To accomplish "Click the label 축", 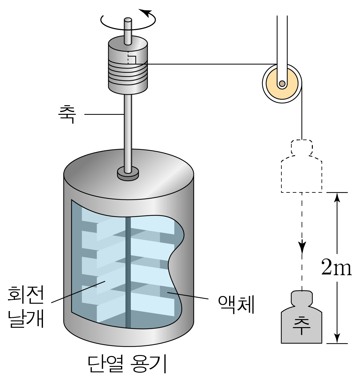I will coord(66,114).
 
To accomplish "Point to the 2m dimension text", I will coord(336,269).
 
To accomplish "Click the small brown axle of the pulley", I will coord(282,84).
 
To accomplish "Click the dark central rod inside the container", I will coord(128,273).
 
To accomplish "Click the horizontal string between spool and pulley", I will coord(209,64).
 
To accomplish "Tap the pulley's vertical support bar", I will coord(282,38).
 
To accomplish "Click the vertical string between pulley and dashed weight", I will coord(302,119).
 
